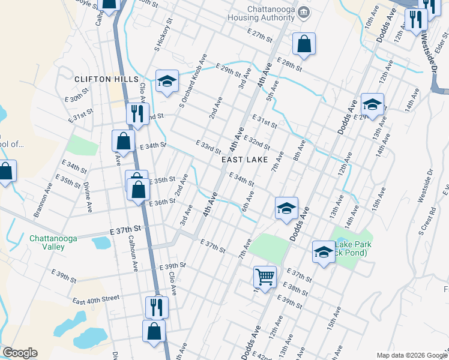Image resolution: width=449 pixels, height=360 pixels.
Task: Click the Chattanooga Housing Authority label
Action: (x=273, y=16)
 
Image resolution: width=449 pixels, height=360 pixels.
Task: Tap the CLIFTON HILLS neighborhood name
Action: (x=106, y=79)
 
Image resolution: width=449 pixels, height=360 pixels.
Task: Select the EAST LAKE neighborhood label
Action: (x=244, y=160)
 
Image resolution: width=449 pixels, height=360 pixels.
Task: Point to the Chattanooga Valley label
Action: (x=53, y=242)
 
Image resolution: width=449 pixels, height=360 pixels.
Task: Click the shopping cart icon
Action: (x=265, y=277)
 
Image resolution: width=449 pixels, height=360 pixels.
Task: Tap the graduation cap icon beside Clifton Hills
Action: (x=167, y=81)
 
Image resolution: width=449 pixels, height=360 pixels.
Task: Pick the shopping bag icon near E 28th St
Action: (x=304, y=43)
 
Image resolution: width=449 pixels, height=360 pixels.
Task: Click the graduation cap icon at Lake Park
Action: (x=324, y=252)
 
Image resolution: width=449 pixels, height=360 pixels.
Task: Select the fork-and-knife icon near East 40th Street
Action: (x=157, y=307)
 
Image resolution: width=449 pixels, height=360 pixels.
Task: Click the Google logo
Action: (x=20, y=353)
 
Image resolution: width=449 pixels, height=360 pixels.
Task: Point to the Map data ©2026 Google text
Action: (x=411, y=355)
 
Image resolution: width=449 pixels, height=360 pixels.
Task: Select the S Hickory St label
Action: (x=163, y=35)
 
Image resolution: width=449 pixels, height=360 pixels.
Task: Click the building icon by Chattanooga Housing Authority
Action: (x=304, y=12)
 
